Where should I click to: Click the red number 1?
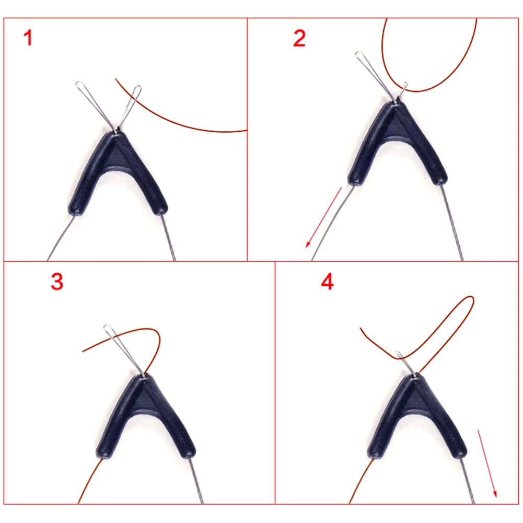coord(28,38)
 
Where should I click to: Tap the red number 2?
coord(299,38)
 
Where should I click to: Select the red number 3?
coord(57,282)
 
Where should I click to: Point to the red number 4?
coord(327,282)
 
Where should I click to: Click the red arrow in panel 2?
coord(323,217)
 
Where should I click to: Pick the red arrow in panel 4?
coord(487,463)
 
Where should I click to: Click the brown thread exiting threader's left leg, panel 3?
coord(89,481)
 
